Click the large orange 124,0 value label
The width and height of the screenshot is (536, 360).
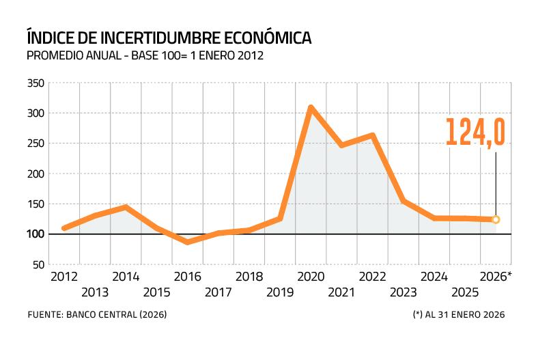click(x=475, y=132)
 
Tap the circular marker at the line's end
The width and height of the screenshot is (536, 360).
click(x=496, y=219)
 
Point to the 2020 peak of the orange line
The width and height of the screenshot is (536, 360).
click(x=311, y=107)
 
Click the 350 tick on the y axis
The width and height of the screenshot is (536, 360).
click(x=36, y=83)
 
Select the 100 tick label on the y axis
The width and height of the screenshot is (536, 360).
click(x=36, y=234)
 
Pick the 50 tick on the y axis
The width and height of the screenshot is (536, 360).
click(x=38, y=264)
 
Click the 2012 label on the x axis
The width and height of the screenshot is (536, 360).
click(x=64, y=277)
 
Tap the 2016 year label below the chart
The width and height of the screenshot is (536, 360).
click(x=187, y=277)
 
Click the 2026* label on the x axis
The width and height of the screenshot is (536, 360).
click(x=496, y=277)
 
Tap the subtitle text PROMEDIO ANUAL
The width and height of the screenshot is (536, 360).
click(x=72, y=56)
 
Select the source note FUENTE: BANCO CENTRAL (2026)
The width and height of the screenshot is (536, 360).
click(x=97, y=315)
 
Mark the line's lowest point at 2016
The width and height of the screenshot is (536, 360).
click(x=187, y=242)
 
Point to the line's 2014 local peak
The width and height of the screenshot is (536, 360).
click(x=126, y=207)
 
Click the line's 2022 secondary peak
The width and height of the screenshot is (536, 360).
click(x=373, y=135)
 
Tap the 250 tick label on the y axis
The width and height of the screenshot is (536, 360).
click(x=36, y=143)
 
